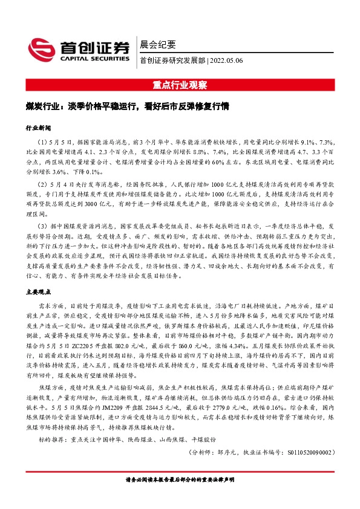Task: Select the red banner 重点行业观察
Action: point(180,85)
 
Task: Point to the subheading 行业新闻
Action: point(38,128)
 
